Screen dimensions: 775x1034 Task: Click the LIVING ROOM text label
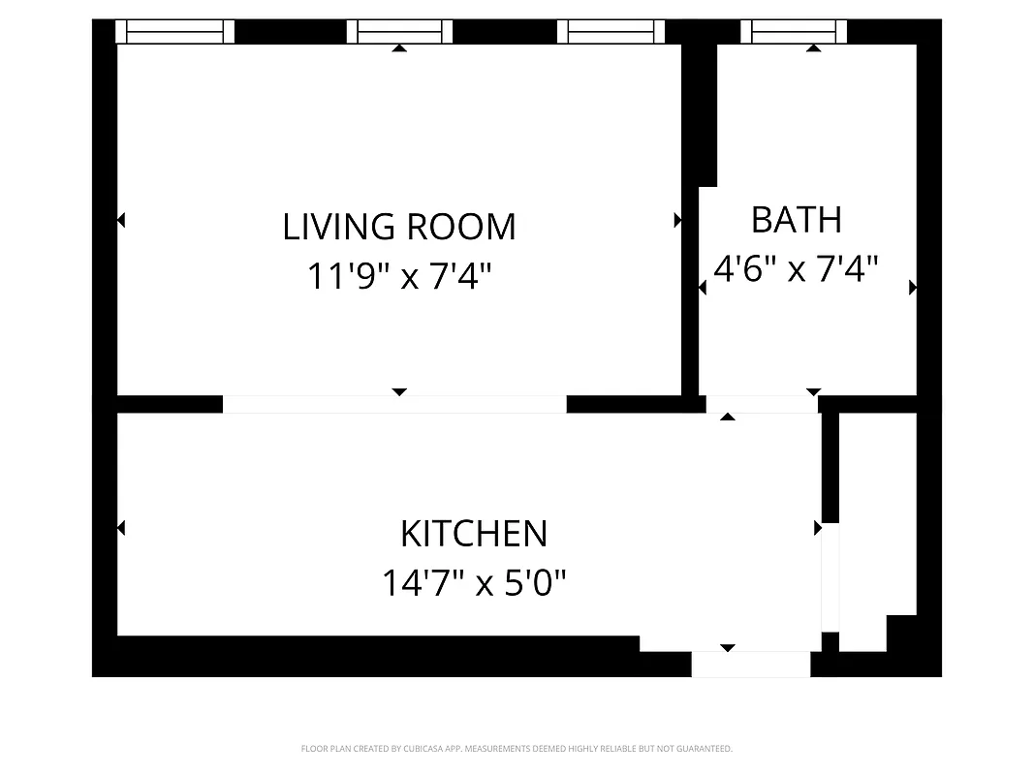pyautogui.click(x=398, y=227)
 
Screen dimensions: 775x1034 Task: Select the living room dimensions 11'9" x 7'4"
pyautogui.click(x=398, y=277)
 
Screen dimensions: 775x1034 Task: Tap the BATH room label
pyautogui.click(x=797, y=220)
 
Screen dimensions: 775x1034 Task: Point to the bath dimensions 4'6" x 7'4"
pyautogui.click(x=796, y=268)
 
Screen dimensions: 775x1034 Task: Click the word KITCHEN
pyautogui.click(x=474, y=534)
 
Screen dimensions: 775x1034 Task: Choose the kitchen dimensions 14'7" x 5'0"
pyautogui.click(x=474, y=583)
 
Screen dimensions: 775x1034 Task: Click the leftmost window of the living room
pyautogui.click(x=175, y=32)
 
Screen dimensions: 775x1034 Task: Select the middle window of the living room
pyautogui.click(x=399, y=32)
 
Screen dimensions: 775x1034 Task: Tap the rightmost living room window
pyautogui.click(x=611, y=32)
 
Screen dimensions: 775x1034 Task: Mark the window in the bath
pyautogui.click(x=794, y=32)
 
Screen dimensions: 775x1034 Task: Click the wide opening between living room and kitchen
pyautogui.click(x=394, y=404)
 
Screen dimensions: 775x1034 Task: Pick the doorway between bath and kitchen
pyautogui.click(x=762, y=404)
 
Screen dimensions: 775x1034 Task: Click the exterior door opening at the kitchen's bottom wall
pyautogui.click(x=750, y=665)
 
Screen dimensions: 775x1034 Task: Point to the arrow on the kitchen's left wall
pyautogui.click(x=121, y=528)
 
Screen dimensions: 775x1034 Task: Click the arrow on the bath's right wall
pyautogui.click(x=912, y=288)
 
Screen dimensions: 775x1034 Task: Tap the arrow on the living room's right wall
pyautogui.click(x=677, y=221)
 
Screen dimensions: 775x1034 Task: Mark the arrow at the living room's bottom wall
pyautogui.click(x=399, y=392)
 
